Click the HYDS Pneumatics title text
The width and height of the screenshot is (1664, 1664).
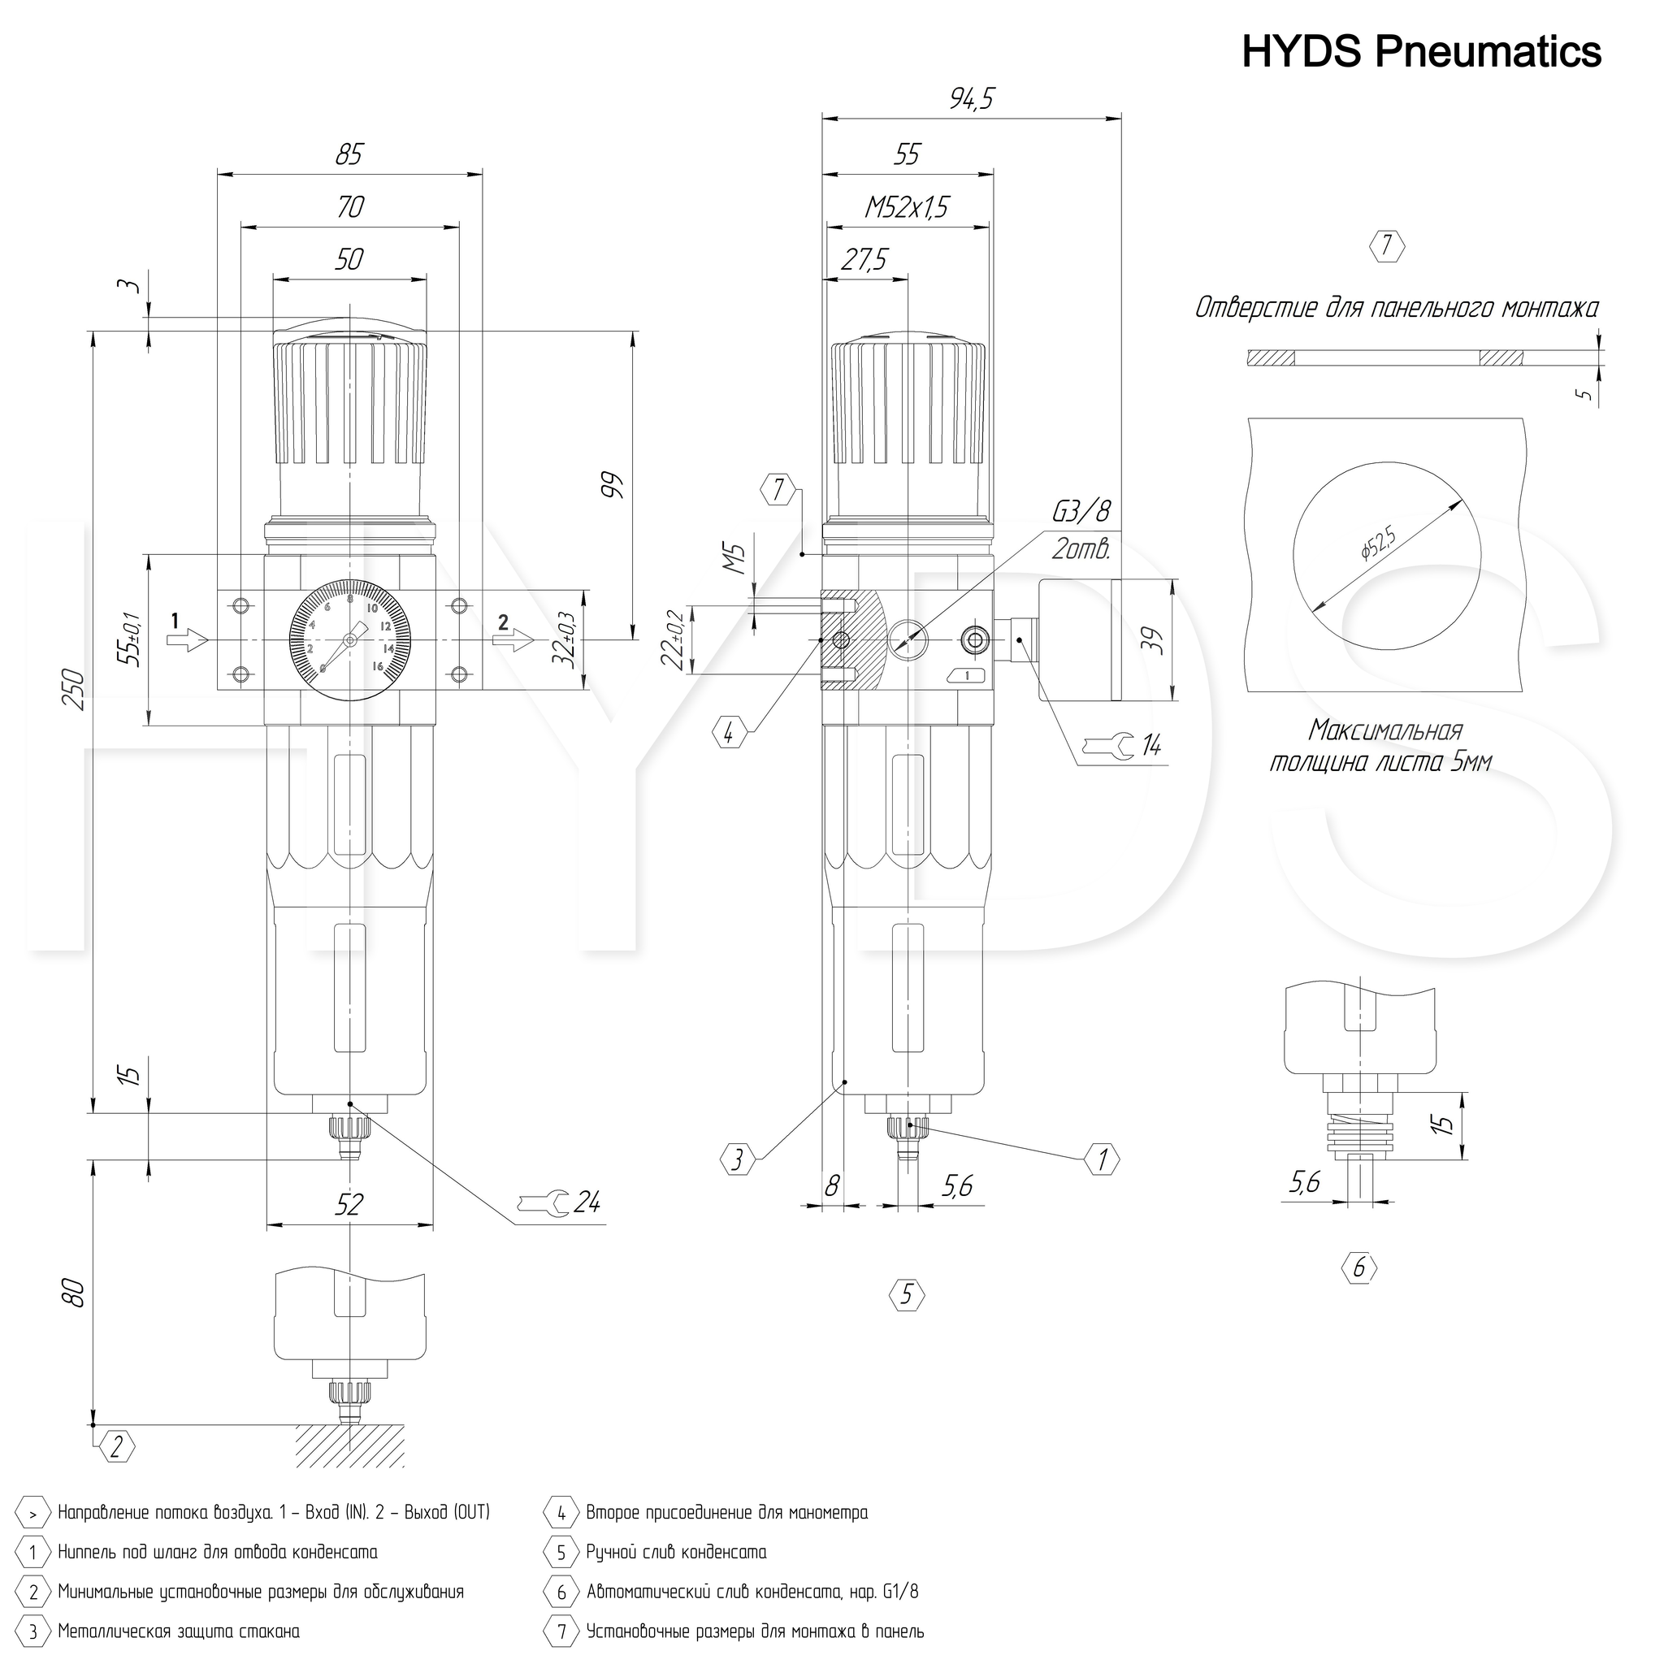coord(1421,52)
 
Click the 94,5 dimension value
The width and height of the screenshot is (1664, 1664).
coord(972,100)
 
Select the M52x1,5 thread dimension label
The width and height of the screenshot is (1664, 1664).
coord(907,207)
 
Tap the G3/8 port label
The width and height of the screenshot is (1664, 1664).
coord(1081,512)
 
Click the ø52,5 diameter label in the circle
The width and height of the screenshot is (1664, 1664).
coord(1377,544)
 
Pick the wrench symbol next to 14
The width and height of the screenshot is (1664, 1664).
coord(1108,744)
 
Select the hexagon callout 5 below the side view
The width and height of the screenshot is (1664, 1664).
coord(906,1294)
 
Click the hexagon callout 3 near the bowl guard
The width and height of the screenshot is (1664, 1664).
coord(737,1159)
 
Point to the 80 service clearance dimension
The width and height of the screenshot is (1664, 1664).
coord(75,1293)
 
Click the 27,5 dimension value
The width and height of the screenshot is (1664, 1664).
coord(864,260)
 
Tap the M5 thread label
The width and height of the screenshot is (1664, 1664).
coord(733,558)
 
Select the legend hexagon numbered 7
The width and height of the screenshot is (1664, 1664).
coord(561,1631)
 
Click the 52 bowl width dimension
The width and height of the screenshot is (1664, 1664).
coord(349,1204)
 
